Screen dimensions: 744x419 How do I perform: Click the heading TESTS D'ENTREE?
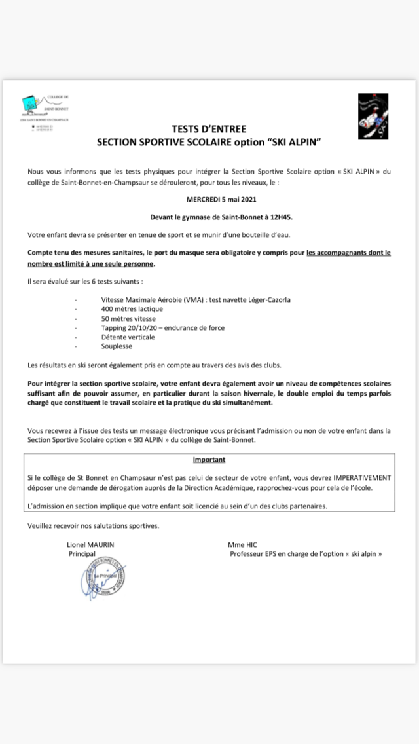click(x=209, y=129)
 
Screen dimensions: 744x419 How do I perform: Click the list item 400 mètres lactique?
click(x=132, y=308)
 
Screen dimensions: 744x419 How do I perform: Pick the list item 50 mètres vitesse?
click(x=128, y=318)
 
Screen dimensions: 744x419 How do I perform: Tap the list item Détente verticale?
click(x=128, y=337)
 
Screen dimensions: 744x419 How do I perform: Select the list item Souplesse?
click(x=117, y=346)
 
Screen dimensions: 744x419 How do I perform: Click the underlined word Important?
click(x=209, y=460)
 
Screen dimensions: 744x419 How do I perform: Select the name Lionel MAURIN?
click(x=95, y=544)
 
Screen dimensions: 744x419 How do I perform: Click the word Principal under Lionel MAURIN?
click(x=82, y=553)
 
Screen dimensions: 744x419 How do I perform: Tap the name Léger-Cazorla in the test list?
click(x=266, y=299)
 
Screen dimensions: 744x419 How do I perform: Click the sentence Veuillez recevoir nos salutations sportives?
click(x=93, y=525)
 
